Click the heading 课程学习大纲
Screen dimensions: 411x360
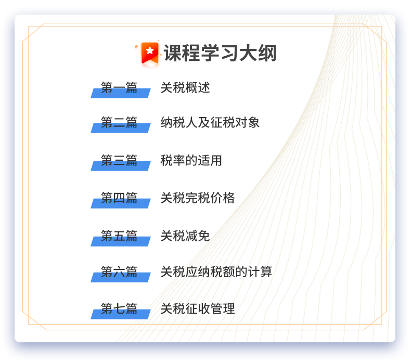tap(220, 53)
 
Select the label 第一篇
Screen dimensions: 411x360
tap(119, 87)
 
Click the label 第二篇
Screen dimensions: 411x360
tap(119, 122)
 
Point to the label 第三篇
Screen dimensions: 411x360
tap(119, 160)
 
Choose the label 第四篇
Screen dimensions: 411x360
tap(119, 198)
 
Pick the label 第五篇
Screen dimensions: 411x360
tap(119, 236)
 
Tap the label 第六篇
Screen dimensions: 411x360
tap(119, 272)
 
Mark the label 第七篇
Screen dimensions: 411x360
tap(119, 308)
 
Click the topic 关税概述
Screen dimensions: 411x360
tap(185, 87)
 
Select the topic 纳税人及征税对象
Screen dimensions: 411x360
tap(210, 122)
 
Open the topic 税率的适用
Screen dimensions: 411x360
tap(191, 160)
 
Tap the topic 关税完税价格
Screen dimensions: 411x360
tap(198, 198)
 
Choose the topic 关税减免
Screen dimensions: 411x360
tap(185, 236)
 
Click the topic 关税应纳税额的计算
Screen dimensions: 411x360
tap(216, 272)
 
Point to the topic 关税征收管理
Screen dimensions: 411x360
tap(198, 308)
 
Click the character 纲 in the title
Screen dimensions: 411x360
tap(267, 53)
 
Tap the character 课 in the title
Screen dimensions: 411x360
tap(173, 53)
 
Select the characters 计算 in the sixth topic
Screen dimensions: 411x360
tap(260, 272)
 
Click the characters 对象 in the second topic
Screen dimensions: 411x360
tap(248, 122)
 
